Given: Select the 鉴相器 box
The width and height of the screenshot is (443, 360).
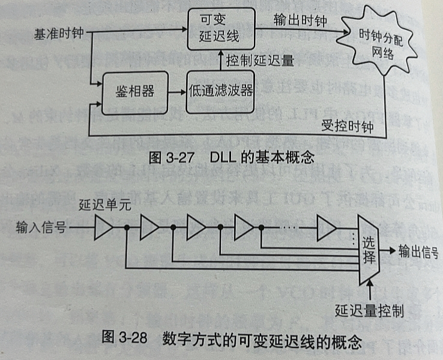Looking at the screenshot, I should pos(134,92).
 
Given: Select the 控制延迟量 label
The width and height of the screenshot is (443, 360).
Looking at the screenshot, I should pos(259,61).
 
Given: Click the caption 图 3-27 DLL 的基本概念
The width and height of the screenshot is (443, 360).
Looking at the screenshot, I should pos(231,158).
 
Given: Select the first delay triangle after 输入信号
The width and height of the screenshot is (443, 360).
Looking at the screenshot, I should pos(103,228).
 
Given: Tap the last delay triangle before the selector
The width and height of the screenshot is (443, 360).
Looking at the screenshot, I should pos(327,228).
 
